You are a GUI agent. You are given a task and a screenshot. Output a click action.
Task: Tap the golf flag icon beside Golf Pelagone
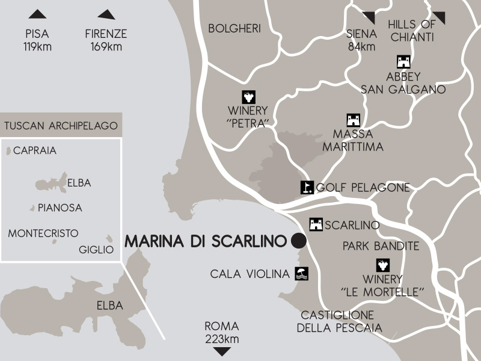(x=307, y=187)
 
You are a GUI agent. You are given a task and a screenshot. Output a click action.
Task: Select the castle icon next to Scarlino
(x=316, y=224)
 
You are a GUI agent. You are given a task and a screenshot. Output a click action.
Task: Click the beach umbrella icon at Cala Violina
(x=301, y=274)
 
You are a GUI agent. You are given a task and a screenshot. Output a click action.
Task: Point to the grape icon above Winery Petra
(x=248, y=97)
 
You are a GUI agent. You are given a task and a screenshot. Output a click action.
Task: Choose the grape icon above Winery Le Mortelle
(x=382, y=265)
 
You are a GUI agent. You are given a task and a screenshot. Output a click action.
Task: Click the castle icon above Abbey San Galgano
(x=403, y=62)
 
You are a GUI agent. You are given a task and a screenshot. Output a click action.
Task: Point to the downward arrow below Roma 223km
(x=222, y=351)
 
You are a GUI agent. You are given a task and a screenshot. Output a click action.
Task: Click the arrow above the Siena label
(x=368, y=17)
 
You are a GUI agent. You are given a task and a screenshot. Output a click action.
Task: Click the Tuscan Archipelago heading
(x=61, y=126)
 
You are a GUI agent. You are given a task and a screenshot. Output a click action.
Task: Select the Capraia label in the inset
(x=35, y=150)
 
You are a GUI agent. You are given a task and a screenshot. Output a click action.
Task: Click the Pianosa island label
(x=60, y=208)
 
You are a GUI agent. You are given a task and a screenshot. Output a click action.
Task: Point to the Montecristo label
(x=43, y=233)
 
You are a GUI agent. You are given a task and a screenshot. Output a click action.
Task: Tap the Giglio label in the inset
(x=96, y=250)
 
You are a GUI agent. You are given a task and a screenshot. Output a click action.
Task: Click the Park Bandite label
(x=381, y=245)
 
